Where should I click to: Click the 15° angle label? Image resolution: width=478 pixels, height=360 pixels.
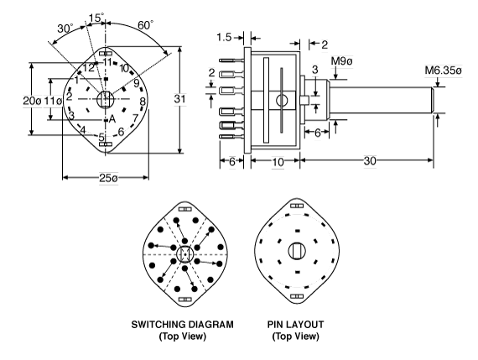(x=97, y=17)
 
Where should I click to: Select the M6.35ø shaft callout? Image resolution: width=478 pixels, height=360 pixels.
(x=444, y=71)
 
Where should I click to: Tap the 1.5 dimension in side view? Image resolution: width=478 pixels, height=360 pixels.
(x=224, y=39)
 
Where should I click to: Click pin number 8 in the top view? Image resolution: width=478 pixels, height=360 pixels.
(x=143, y=102)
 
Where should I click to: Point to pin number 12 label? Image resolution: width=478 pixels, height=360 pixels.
(x=87, y=67)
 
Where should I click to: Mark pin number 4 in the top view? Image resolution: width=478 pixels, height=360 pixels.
(x=82, y=129)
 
